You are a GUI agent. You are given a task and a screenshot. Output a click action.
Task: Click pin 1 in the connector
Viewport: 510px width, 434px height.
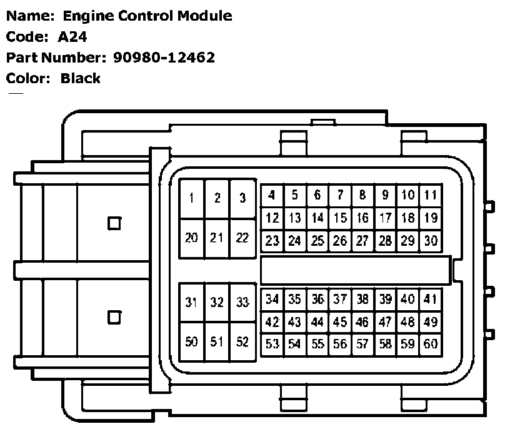click(x=192, y=198)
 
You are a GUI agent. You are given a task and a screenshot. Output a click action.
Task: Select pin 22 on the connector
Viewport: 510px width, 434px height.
click(x=242, y=238)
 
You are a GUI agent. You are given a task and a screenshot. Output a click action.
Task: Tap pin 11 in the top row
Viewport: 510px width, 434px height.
click(x=430, y=195)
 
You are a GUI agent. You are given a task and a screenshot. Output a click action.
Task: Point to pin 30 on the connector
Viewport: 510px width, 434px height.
click(x=430, y=240)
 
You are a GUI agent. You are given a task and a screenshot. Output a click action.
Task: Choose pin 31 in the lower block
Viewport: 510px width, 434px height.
click(x=192, y=303)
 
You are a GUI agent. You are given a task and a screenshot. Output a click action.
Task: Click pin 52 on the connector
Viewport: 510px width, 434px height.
click(x=242, y=342)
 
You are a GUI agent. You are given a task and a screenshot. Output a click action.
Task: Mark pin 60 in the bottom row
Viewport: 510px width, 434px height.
click(x=430, y=343)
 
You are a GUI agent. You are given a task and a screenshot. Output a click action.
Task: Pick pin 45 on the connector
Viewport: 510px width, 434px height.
click(x=340, y=322)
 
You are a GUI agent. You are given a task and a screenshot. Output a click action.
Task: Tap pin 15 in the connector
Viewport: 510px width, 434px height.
click(x=340, y=218)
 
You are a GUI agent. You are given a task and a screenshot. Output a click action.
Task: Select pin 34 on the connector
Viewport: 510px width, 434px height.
click(x=272, y=300)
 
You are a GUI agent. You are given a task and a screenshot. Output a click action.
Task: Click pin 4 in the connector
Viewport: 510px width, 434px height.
click(x=272, y=195)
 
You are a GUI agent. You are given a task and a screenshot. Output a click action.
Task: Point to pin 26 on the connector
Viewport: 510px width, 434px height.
click(x=340, y=240)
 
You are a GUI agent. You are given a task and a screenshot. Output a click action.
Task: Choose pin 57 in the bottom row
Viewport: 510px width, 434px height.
click(x=362, y=343)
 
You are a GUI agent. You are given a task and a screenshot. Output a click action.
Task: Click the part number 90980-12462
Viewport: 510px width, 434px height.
click(x=164, y=58)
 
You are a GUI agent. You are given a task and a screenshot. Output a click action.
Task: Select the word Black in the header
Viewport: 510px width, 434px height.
click(x=81, y=78)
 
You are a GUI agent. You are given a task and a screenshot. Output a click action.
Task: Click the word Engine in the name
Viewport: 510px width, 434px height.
click(x=87, y=16)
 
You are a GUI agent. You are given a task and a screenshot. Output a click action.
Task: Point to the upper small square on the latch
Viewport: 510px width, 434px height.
click(x=114, y=223)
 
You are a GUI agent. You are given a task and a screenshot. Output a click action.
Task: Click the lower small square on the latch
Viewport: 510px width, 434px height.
click(x=114, y=317)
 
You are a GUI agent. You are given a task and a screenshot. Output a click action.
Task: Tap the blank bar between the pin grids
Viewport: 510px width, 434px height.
click(x=355, y=270)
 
